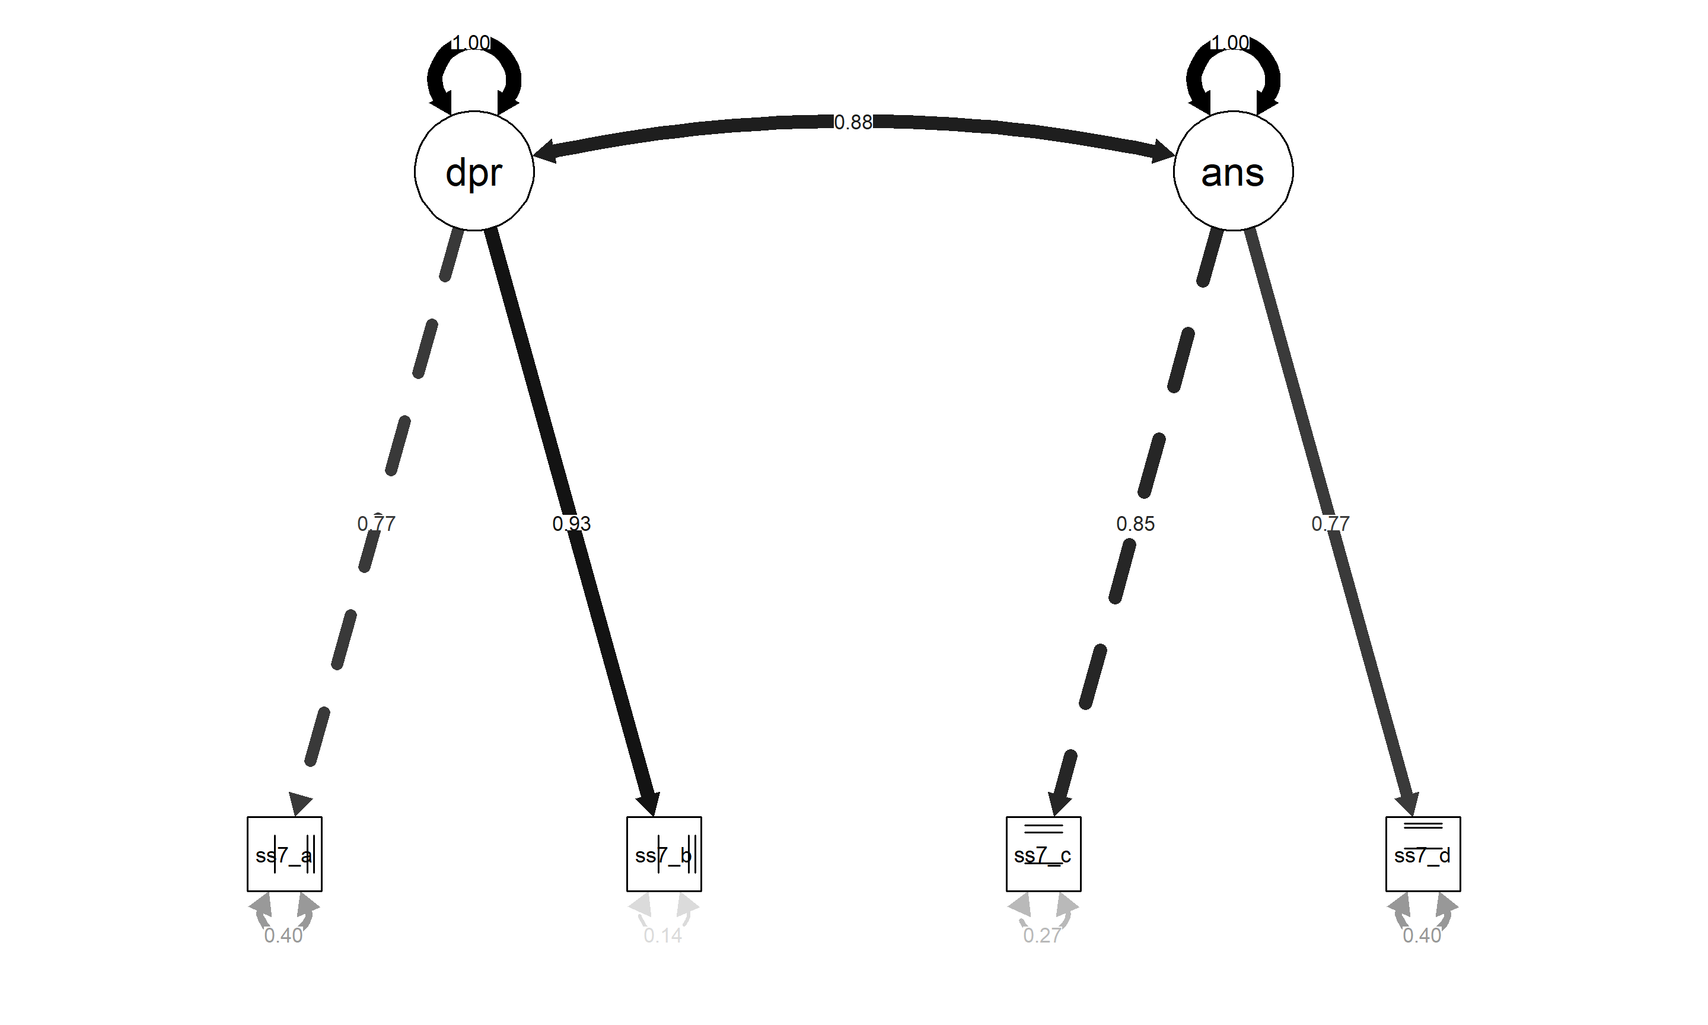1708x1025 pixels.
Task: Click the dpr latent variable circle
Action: [x=474, y=171]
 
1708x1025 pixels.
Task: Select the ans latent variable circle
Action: [x=1232, y=171]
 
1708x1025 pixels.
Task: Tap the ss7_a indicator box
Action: [x=285, y=854]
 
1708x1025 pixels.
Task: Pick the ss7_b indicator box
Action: [x=664, y=854]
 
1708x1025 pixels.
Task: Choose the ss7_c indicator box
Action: [x=1043, y=854]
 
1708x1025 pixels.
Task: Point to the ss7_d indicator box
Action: [x=1422, y=854]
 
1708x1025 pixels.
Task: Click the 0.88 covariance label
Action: [x=853, y=122]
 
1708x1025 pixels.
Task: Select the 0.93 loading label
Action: [x=571, y=524]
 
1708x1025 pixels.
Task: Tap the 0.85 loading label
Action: [x=1135, y=524]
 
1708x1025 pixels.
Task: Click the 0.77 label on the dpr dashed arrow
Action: [x=376, y=524]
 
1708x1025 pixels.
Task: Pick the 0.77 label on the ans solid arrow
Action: [x=1330, y=524]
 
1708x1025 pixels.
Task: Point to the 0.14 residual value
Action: [x=663, y=935]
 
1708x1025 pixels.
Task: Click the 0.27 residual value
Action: [x=1042, y=935]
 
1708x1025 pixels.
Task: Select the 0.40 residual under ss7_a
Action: [x=283, y=935]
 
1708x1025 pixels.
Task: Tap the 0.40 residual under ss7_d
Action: [x=1422, y=935]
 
